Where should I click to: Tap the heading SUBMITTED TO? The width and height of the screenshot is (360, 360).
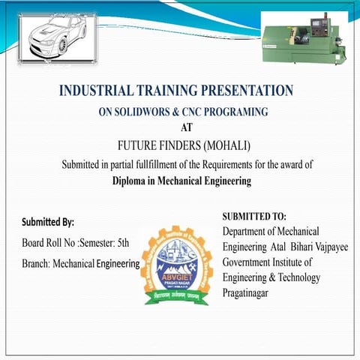[254, 216]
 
